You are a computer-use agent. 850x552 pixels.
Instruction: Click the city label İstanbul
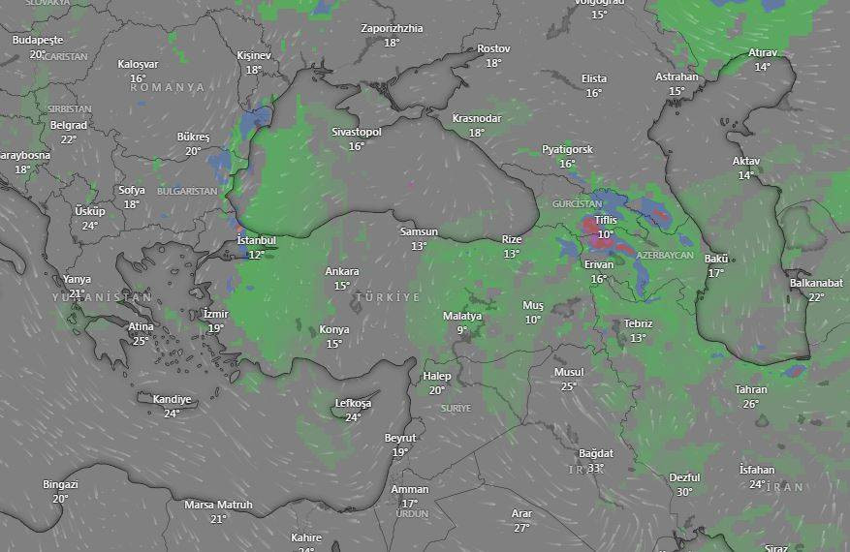[257, 240]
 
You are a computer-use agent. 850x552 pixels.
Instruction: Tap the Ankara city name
[342, 272]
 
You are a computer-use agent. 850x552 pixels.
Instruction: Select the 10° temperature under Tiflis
[606, 234]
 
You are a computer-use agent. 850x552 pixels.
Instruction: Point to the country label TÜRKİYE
[388, 297]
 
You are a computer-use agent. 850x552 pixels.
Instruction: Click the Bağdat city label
[596, 453]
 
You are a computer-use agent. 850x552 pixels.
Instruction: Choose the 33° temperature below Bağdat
[596, 468]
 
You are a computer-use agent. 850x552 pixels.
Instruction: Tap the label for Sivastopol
[357, 132]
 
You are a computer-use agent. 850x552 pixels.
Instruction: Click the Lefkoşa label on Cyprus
[353, 404]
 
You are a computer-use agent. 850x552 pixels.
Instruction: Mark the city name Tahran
[751, 390]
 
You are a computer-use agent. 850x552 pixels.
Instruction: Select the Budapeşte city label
[38, 41]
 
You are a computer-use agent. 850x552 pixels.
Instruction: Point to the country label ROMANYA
[168, 87]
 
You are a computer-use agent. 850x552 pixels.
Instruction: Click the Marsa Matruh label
[218, 505]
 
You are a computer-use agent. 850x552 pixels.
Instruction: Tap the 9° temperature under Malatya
[462, 330]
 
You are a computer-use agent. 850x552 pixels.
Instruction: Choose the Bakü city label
[716, 260]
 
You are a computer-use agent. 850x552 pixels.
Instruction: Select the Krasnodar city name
[477, 119]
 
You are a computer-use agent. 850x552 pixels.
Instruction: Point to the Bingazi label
[60, 484]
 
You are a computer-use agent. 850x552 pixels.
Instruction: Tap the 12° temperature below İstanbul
[257, 255]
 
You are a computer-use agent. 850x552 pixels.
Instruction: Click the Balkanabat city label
[816, 284]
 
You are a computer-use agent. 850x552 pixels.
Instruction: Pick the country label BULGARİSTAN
[187, 192]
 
